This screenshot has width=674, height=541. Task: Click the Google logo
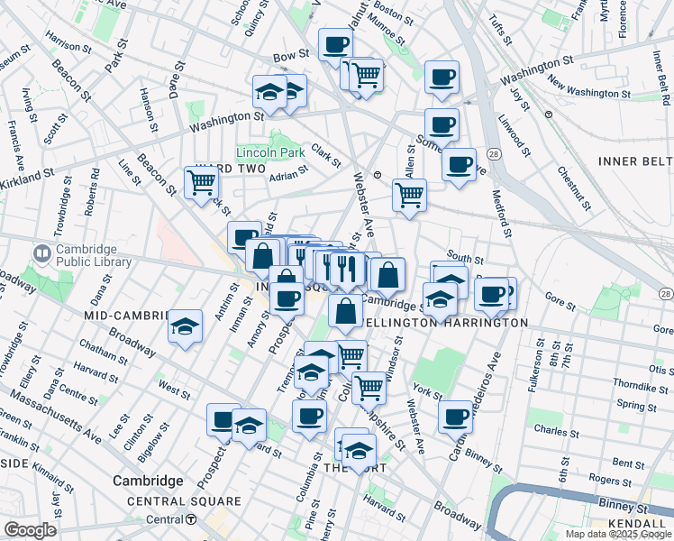tap(30, 530)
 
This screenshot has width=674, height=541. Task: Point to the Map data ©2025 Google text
tap(618, 534)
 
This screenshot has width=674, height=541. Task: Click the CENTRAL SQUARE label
tap(184, 501)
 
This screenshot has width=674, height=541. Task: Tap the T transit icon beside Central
tap(191, 519)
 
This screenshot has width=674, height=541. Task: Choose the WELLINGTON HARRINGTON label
tap(445, 322)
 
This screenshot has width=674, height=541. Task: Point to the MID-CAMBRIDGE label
tap(126, 316)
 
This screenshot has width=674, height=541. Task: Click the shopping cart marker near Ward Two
tap(201, 181)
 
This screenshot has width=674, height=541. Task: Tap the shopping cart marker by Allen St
tap(409, 193)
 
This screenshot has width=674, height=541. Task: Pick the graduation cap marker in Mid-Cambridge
tap(185, 326)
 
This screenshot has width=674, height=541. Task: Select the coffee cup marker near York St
tap(456, 416)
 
